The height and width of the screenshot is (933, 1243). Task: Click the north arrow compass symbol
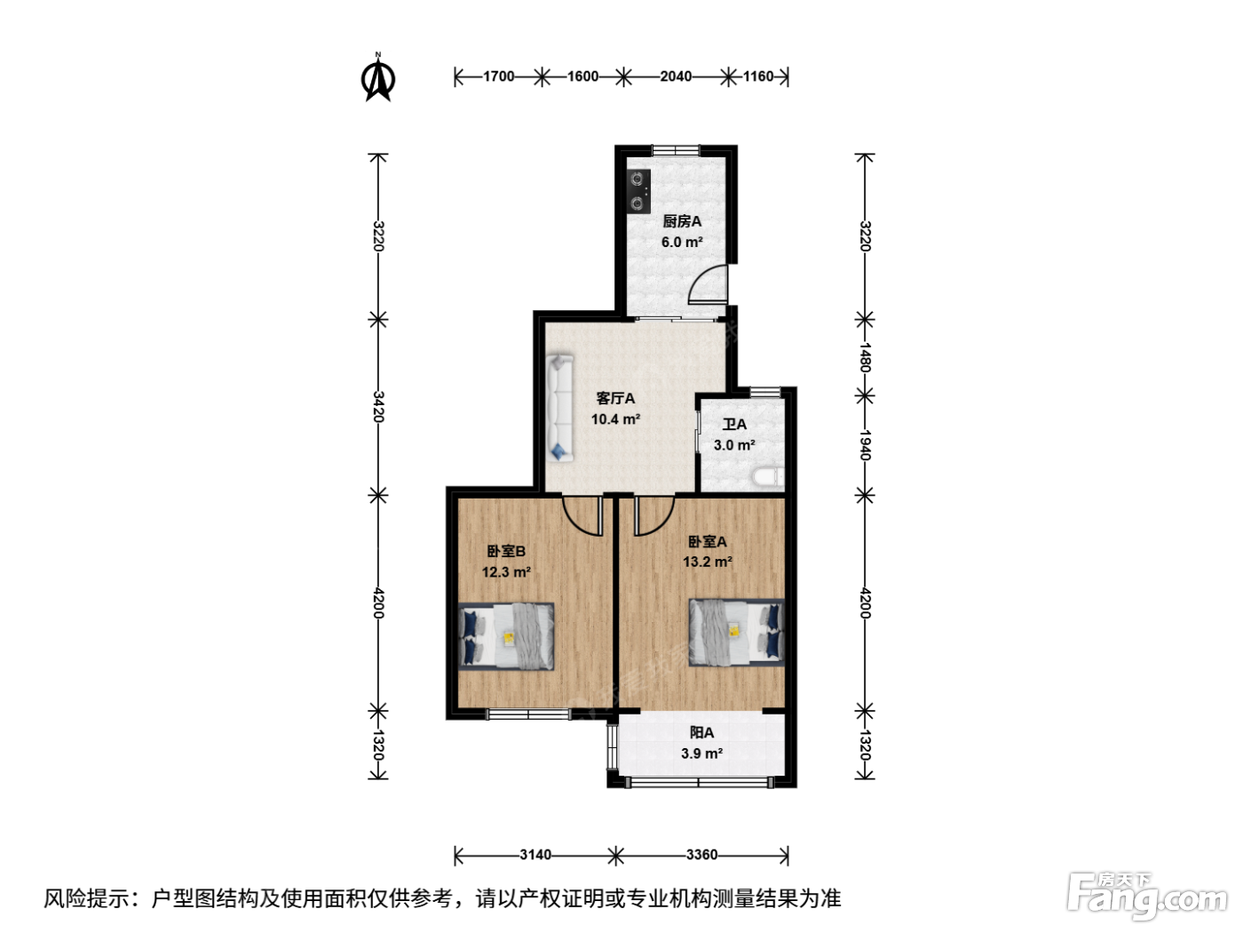point(377,77)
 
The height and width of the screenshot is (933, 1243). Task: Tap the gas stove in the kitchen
point(638,191)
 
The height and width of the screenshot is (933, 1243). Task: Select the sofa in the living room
point(560,408)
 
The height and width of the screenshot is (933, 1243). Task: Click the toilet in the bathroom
point(769,476)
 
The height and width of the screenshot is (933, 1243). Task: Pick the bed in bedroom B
point(506,636)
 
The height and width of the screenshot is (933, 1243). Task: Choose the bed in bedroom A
point(737,632)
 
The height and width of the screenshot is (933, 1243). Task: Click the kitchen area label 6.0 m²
point(682,242)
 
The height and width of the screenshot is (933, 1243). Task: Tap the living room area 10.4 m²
point(615,419)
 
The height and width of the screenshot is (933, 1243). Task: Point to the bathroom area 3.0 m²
point(734,444)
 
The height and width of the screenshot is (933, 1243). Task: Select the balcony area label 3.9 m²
point(701,754)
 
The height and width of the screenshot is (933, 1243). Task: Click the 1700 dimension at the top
point(498,76)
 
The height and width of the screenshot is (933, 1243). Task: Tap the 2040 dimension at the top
point(676,76)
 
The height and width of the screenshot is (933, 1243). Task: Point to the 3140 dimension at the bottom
point(535,854)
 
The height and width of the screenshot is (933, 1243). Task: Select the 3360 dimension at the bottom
point(701,854)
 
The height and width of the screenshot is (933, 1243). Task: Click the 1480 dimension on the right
point(865,357)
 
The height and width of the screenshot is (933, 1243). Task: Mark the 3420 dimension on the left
point(378,407)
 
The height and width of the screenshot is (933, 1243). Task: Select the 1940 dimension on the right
point(865,445)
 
